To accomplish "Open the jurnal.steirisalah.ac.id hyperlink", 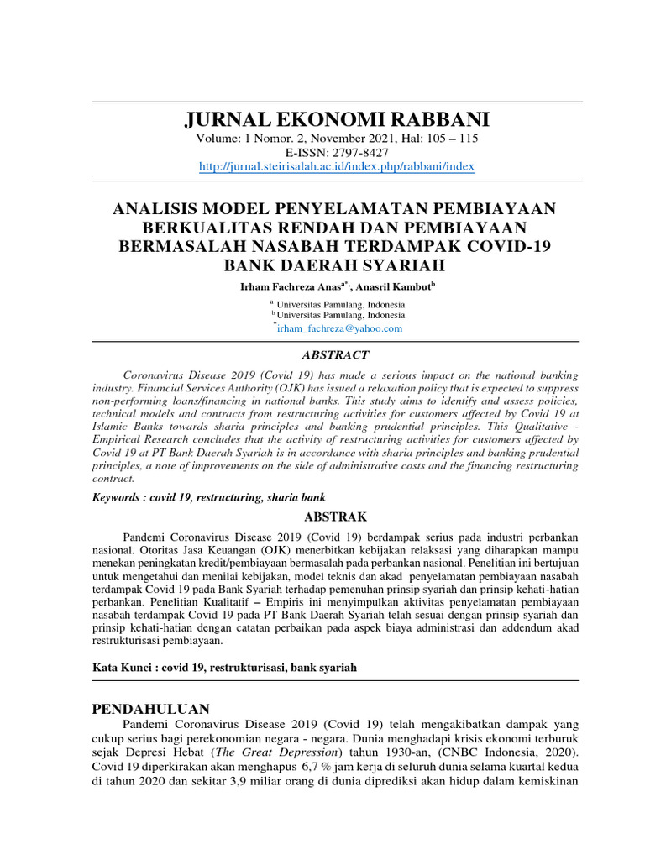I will [x=337, y=167].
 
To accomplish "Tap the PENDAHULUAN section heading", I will [x=150, y=709].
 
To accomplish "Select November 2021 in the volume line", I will [x=328, y=139].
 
